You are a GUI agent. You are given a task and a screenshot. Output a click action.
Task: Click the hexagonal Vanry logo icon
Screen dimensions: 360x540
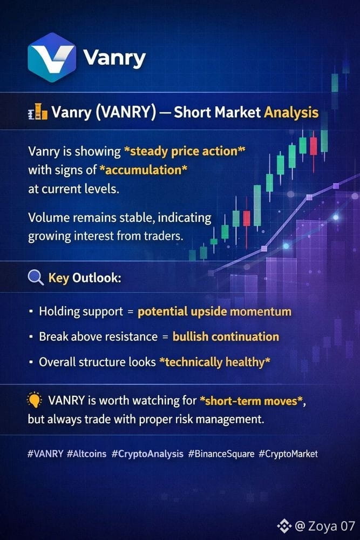pos(52,58)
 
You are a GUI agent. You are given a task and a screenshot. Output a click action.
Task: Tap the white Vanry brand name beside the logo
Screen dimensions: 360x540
pos(114,58)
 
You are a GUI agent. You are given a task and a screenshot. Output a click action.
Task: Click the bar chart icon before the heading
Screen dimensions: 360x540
pos(38,112)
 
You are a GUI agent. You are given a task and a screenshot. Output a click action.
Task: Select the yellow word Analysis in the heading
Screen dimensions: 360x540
pos(291,113)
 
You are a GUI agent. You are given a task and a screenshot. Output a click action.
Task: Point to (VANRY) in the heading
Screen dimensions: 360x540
pos(126,112)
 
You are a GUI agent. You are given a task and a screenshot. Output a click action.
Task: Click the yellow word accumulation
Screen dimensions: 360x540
pos(143,170)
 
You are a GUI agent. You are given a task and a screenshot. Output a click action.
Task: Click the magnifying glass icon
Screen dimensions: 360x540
pos(36,278)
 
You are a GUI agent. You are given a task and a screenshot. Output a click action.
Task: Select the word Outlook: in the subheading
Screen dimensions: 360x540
pos(97,278)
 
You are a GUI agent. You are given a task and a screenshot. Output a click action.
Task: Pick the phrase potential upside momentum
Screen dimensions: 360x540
pos(214,312)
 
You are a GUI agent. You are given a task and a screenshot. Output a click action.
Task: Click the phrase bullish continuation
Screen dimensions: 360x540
pos(226,336)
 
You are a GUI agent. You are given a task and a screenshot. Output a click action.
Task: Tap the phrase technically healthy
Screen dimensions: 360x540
pos(214,362)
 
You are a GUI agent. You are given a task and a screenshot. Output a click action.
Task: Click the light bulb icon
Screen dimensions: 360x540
pos(35,400)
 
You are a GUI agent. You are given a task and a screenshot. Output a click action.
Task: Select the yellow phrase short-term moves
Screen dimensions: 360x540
pos(250,401)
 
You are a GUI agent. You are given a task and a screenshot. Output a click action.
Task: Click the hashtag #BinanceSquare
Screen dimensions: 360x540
pos(221,454)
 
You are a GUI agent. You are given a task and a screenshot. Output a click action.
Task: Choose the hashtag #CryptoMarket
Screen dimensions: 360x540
pos(288,454)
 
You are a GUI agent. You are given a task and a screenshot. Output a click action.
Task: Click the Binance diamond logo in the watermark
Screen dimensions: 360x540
pos(284,525)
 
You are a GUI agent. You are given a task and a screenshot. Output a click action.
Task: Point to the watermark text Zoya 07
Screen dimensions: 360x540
pos(331,526)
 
